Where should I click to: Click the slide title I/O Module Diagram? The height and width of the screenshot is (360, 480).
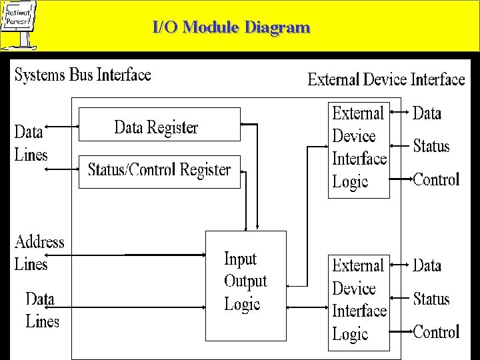pos(231,28)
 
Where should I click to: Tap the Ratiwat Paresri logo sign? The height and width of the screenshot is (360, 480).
pos(18,24)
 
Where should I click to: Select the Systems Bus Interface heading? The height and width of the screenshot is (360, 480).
pos(83,74)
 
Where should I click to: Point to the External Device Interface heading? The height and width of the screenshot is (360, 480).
pos(386,80)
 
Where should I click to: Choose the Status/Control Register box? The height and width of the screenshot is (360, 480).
pos(159,171)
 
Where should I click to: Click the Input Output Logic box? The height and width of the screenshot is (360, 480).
pos(245,281)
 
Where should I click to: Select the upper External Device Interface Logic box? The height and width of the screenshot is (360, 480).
pos(359,149)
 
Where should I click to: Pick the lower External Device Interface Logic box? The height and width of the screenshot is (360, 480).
pos(359,301)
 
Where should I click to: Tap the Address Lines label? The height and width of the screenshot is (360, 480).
pos(39,253)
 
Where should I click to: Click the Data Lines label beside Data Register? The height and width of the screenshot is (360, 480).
pos(31,143)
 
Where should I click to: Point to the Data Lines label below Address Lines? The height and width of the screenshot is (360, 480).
pos(42,309)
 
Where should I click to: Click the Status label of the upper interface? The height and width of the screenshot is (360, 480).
pos(431,146)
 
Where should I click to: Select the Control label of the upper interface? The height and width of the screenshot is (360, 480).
pos(437,179)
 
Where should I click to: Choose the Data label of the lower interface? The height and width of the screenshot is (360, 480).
pos(427,265)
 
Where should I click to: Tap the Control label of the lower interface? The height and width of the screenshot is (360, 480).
pos(437,331)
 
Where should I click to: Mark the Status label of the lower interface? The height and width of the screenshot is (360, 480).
pos(431,298)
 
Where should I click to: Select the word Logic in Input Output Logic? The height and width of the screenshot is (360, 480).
pos(242,304)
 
